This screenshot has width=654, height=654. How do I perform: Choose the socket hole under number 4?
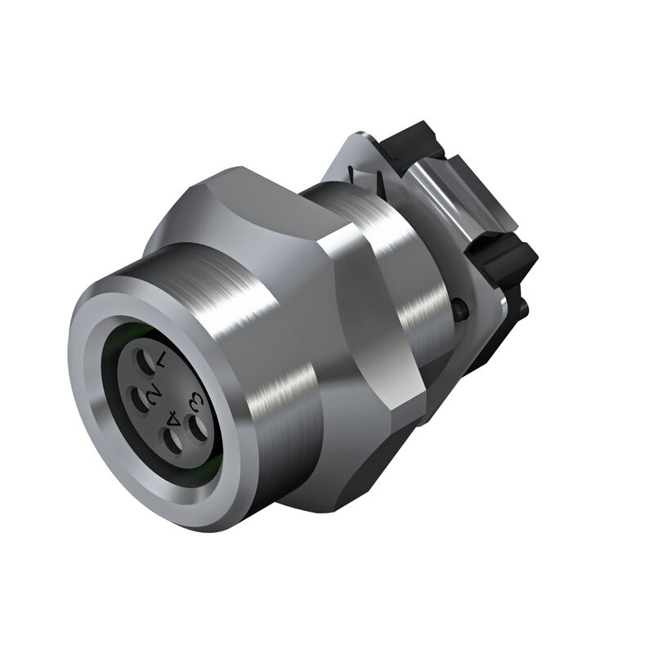pyautogui.click(x=172, y=444)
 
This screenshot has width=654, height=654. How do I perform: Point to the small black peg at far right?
pyautogui.click(x=522, y=307)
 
